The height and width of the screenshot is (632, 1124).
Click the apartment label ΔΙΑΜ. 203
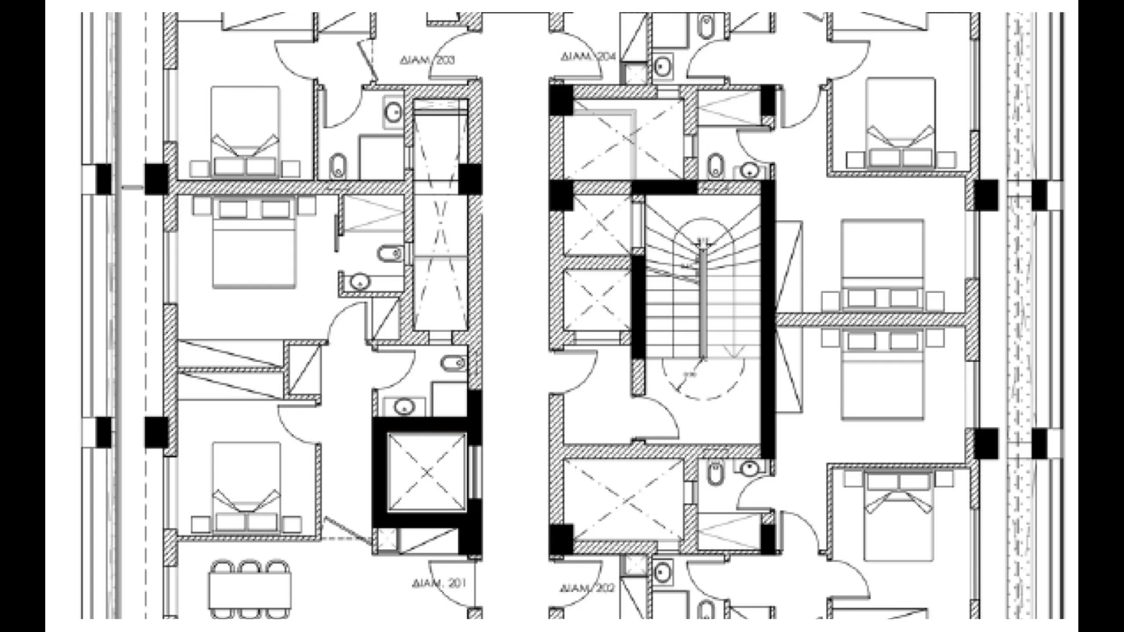pos(427,60)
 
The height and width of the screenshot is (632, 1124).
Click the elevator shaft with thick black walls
pos(427,473)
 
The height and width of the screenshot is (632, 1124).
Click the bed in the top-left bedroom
pos(245,132)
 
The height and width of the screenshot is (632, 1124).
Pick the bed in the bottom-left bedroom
pos(246,487)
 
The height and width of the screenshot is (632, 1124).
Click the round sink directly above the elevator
pos(404,406)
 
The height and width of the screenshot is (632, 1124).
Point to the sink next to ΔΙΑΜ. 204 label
pos(662,67)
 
